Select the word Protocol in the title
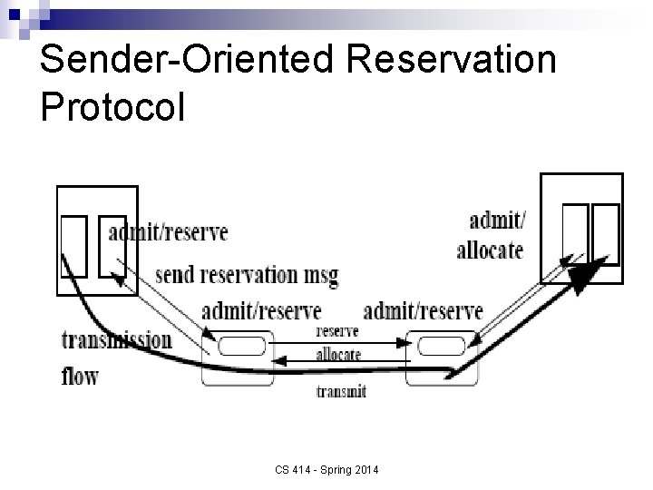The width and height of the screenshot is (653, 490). tap(113, 106)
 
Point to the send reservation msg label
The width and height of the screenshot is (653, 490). tap(247, 274)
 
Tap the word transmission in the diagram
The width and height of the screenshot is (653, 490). tap(116, 341)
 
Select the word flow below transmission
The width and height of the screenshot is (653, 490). tap(80, 374)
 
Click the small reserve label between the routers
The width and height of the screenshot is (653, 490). tap(336, 332)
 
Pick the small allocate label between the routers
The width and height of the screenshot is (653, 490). tap(338, 354)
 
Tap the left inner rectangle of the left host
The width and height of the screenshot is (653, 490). tap(73, 245)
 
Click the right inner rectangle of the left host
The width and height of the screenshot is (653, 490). tap(112, 245)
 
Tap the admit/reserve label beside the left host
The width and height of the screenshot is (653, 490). tap(168, 232)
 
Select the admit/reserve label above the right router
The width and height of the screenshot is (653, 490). tap(423, 311)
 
